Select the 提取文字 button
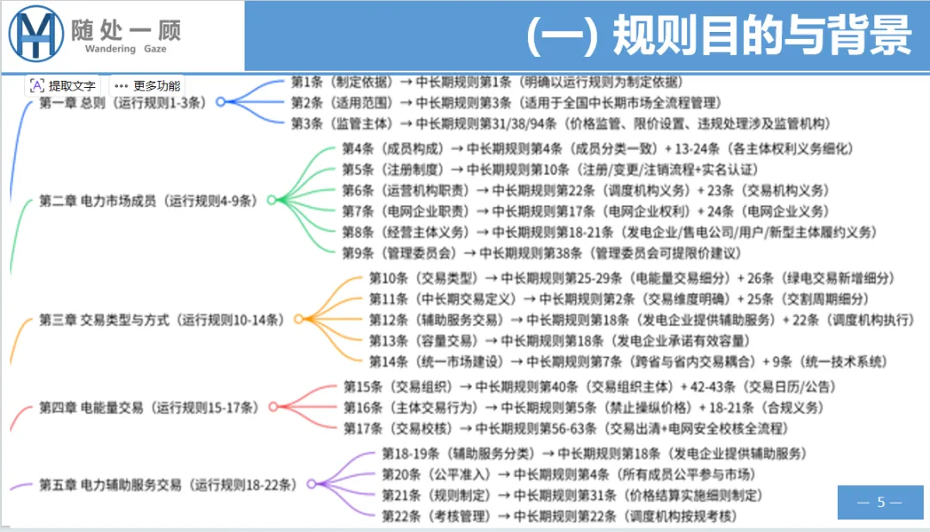click(x=63, y=85)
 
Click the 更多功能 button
click(x=147, y=85)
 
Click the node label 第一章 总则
click(x=122, y=103)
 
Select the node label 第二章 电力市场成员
click(x=148, y=201)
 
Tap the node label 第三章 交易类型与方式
click(x=161, y=319)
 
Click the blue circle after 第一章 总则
click(x=220, y=102)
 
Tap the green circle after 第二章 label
click(x=270, y=201)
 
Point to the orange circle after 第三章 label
click(x=298, y=319)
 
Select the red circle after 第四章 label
click(x=273, y=407)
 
